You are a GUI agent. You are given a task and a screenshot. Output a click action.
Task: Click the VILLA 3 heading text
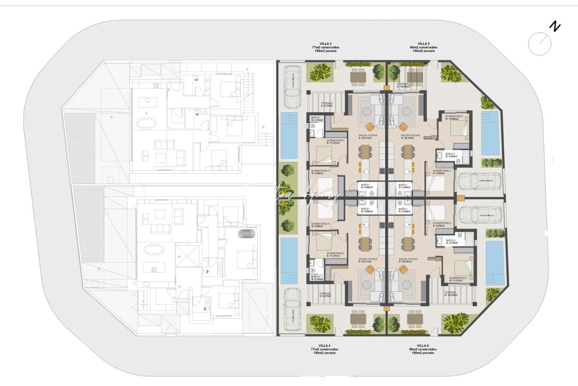[x=325, y=44]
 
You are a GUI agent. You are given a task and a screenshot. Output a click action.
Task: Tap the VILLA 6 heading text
[x=423, y=346]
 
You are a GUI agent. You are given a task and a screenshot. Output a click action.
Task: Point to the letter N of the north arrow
[x=555, y=26]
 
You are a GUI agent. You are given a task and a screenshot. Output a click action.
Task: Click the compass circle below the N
[x=539, y=44]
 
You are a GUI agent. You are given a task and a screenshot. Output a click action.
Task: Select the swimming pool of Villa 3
[x=289, y=135]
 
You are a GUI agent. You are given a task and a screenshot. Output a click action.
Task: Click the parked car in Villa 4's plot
[x=292, y=309]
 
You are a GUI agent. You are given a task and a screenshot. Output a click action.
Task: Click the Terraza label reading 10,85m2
[x=403, y=85]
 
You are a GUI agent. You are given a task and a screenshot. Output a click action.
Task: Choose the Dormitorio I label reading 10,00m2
[x=454, y=118]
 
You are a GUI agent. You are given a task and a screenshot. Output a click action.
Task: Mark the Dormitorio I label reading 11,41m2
[x=458, y=279]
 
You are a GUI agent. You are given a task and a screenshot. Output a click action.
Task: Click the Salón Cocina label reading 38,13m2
[x=410, y=137]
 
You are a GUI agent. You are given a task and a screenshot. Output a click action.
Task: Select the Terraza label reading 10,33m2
[x=450, y=294]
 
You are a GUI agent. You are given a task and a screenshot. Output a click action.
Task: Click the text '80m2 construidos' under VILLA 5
[x=424, y=47]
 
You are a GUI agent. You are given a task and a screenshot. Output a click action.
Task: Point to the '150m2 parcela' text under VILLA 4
[x=324, y=353]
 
